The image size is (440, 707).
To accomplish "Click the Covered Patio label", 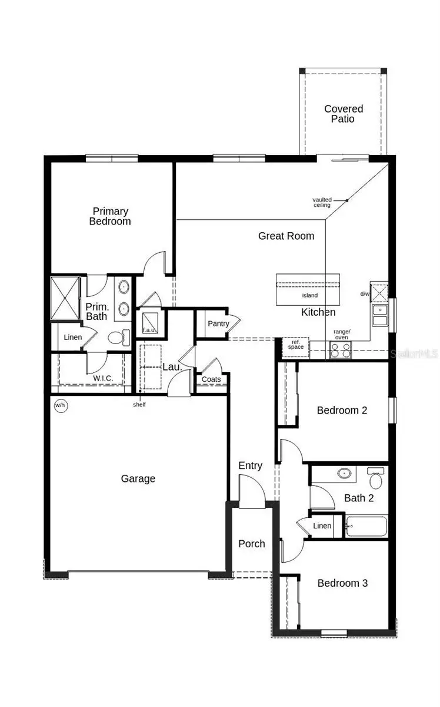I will coord(344,114).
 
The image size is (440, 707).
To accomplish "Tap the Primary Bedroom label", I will coord(110,216).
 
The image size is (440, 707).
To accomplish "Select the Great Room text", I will coord(286,236).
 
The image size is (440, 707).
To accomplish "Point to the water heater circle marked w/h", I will coord(60,405).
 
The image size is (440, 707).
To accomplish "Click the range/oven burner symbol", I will coord(340,350).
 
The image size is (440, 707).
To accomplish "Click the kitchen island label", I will coord(310,295).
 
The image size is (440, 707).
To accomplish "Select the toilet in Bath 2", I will coord(375,478).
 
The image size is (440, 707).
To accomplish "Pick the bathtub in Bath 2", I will coord(366,526).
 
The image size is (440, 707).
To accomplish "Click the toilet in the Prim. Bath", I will coord(116,338).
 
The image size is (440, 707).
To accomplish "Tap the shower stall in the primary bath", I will coord(64,298).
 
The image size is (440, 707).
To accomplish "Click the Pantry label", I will coord(218,324).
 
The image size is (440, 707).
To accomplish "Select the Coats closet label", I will coord(211,379).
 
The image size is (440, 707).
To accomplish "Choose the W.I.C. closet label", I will coord(103,378).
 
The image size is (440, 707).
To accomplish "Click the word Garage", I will coord(138,478).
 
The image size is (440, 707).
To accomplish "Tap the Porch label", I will coord(252,543).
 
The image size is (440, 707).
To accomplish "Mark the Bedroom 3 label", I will coord(342,583).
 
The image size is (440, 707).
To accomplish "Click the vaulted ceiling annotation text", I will coord(322,202).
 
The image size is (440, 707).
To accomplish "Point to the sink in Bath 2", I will coord(344,473).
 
